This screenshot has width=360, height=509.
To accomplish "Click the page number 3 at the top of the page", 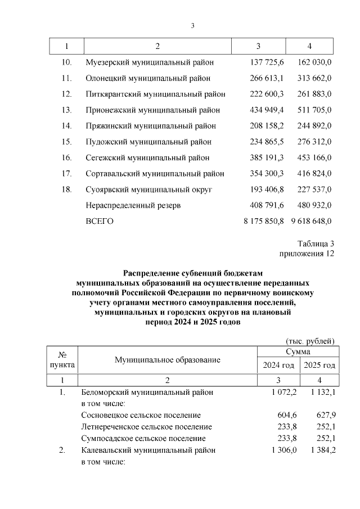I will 192,26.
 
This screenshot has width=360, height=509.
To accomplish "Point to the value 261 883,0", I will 311,94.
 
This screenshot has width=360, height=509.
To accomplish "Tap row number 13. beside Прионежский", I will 66,110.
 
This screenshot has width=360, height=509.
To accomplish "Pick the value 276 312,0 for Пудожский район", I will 311,142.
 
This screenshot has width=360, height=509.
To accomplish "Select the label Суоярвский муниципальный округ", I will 148,190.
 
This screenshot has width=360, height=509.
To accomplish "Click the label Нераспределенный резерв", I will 133,205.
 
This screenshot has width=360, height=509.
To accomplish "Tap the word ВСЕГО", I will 100,221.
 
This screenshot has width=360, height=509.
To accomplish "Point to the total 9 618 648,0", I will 311,221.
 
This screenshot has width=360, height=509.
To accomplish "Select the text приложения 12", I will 307,254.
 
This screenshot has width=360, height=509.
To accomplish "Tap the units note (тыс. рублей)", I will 310,341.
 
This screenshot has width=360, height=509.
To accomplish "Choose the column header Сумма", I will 296,352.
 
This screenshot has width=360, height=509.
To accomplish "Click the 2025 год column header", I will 319,365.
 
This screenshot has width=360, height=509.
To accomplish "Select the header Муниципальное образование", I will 168,359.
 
